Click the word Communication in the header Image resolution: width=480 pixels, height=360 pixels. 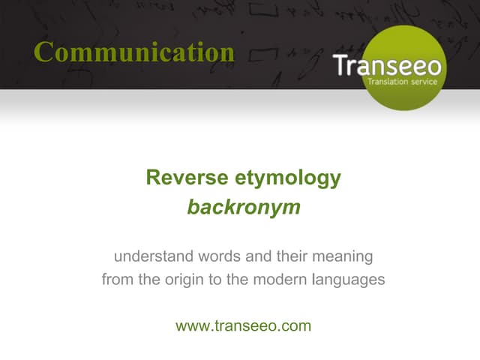(134, 52)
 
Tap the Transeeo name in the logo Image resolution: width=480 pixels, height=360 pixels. (387, 65)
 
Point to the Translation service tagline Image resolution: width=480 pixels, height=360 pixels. (404, 82)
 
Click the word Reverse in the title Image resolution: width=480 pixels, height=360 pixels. (179, 178)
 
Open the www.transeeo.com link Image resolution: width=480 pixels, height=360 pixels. (243, 325)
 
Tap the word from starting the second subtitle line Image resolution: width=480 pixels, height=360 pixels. (117, 280)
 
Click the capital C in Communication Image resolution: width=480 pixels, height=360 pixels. (44, 52)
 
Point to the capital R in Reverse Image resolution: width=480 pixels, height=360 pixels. (153, 178)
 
